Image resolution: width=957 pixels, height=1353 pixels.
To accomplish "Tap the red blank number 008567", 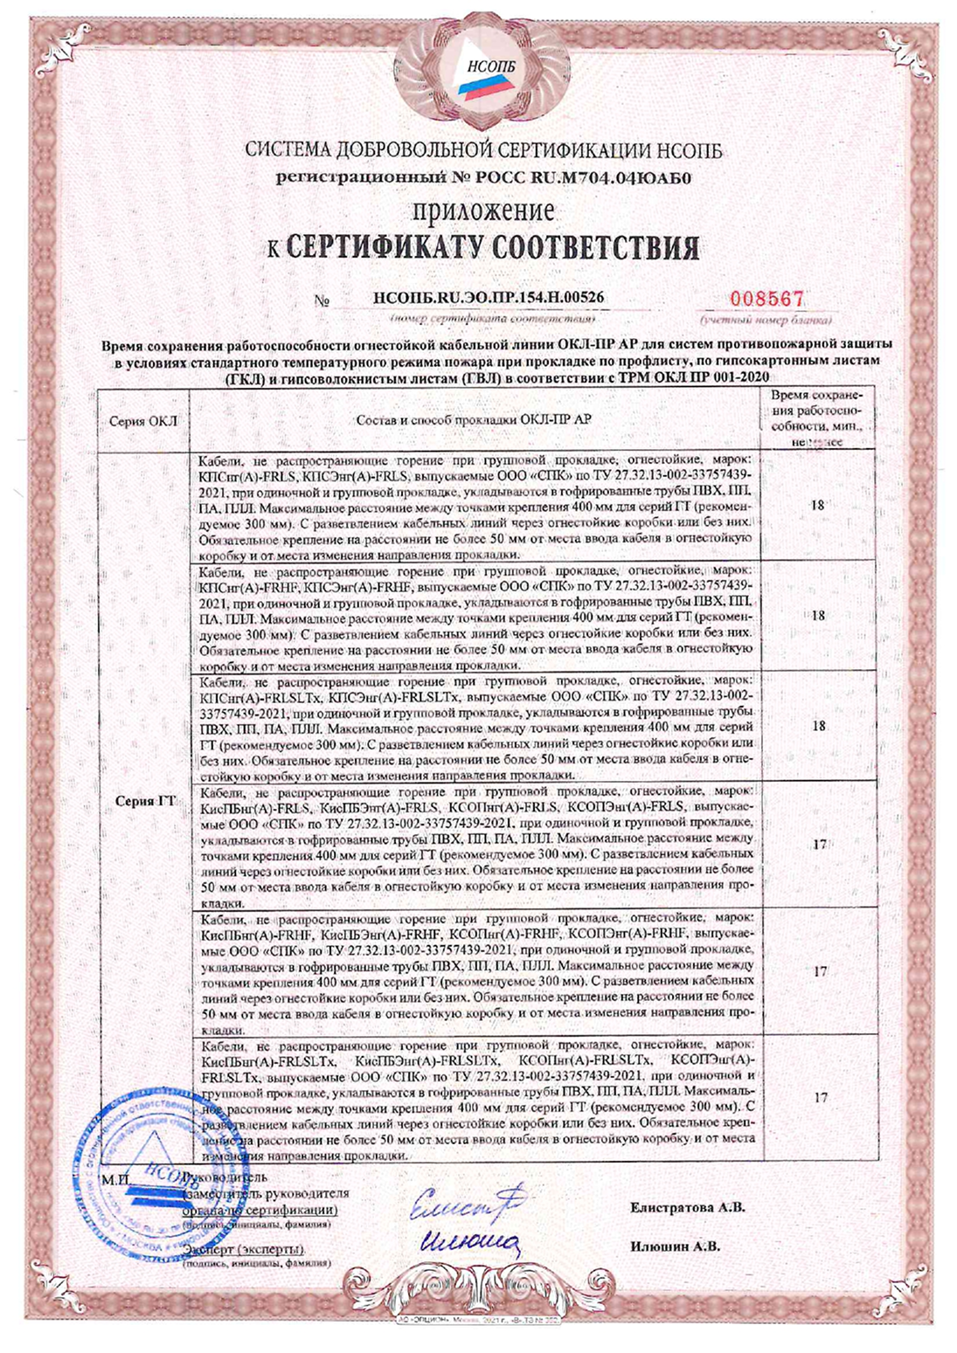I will point(767,299).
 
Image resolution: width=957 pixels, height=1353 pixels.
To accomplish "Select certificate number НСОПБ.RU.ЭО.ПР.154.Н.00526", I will point(489,298).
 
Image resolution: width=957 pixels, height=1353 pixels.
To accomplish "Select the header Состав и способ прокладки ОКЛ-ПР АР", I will point(474,420).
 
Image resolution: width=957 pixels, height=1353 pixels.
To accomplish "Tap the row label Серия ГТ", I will point(145,801).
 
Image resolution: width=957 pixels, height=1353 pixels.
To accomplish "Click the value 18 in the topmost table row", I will point(818,505).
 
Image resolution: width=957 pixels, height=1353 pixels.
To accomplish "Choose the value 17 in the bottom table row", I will point(820,1098).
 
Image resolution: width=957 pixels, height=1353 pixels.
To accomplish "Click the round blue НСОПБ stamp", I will point(149,1169).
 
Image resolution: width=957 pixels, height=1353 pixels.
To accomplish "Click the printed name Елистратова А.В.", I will point(687,1208).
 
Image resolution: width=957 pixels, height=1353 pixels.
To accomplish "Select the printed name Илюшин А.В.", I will point(675,1246).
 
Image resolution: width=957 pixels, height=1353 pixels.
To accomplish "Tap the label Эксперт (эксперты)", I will point(245,1250).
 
